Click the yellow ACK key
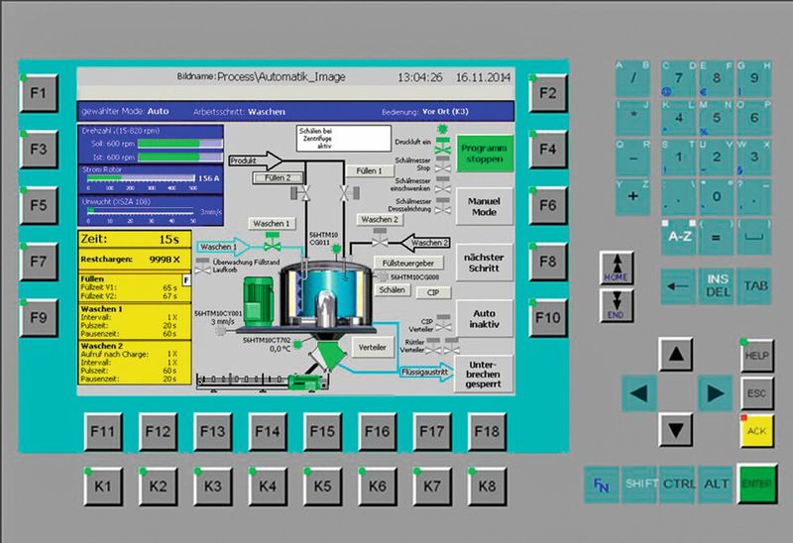coord(756,431)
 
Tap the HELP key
coord(756,355)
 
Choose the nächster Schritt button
coord(485,263)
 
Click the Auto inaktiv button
coord(485,317)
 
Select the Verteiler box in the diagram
coord(372,348)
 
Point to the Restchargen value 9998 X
coord(161,260)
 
